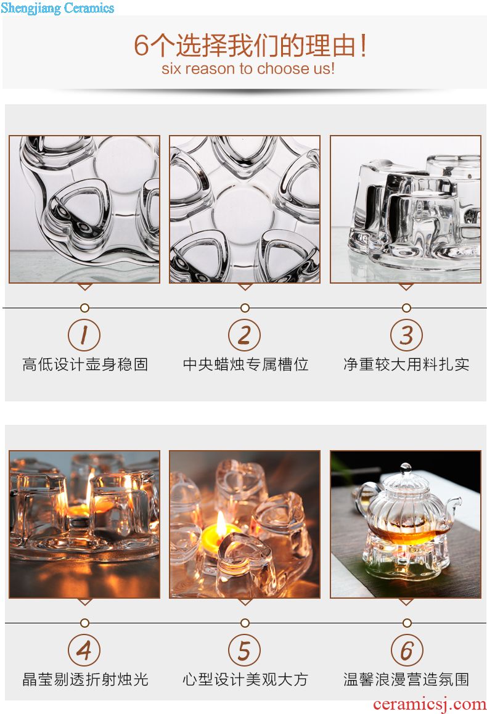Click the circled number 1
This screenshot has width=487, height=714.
[84, 335]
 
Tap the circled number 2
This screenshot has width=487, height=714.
[244, 335]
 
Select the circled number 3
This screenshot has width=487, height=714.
[406, 335]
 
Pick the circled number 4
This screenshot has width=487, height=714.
[84, 650]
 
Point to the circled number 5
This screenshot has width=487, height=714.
[244, 650]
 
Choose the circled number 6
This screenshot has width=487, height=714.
[406, 650]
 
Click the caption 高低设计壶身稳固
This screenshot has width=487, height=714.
[85, 364]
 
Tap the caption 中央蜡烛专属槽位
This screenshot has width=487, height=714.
[246, 364]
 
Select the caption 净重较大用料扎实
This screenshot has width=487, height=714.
[406, 364]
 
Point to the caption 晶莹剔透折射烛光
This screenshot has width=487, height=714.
[85, 679]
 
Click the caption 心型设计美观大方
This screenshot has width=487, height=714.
[246, 679]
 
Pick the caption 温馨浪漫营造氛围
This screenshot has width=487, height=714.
[406, 679]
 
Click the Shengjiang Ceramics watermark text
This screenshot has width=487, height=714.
[57, 8]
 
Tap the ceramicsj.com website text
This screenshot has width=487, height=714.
[430, 704]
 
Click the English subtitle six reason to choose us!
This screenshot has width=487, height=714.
[248, 69]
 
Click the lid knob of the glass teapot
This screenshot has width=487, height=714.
[406, 467]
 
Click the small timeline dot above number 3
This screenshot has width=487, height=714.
[406, 308]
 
